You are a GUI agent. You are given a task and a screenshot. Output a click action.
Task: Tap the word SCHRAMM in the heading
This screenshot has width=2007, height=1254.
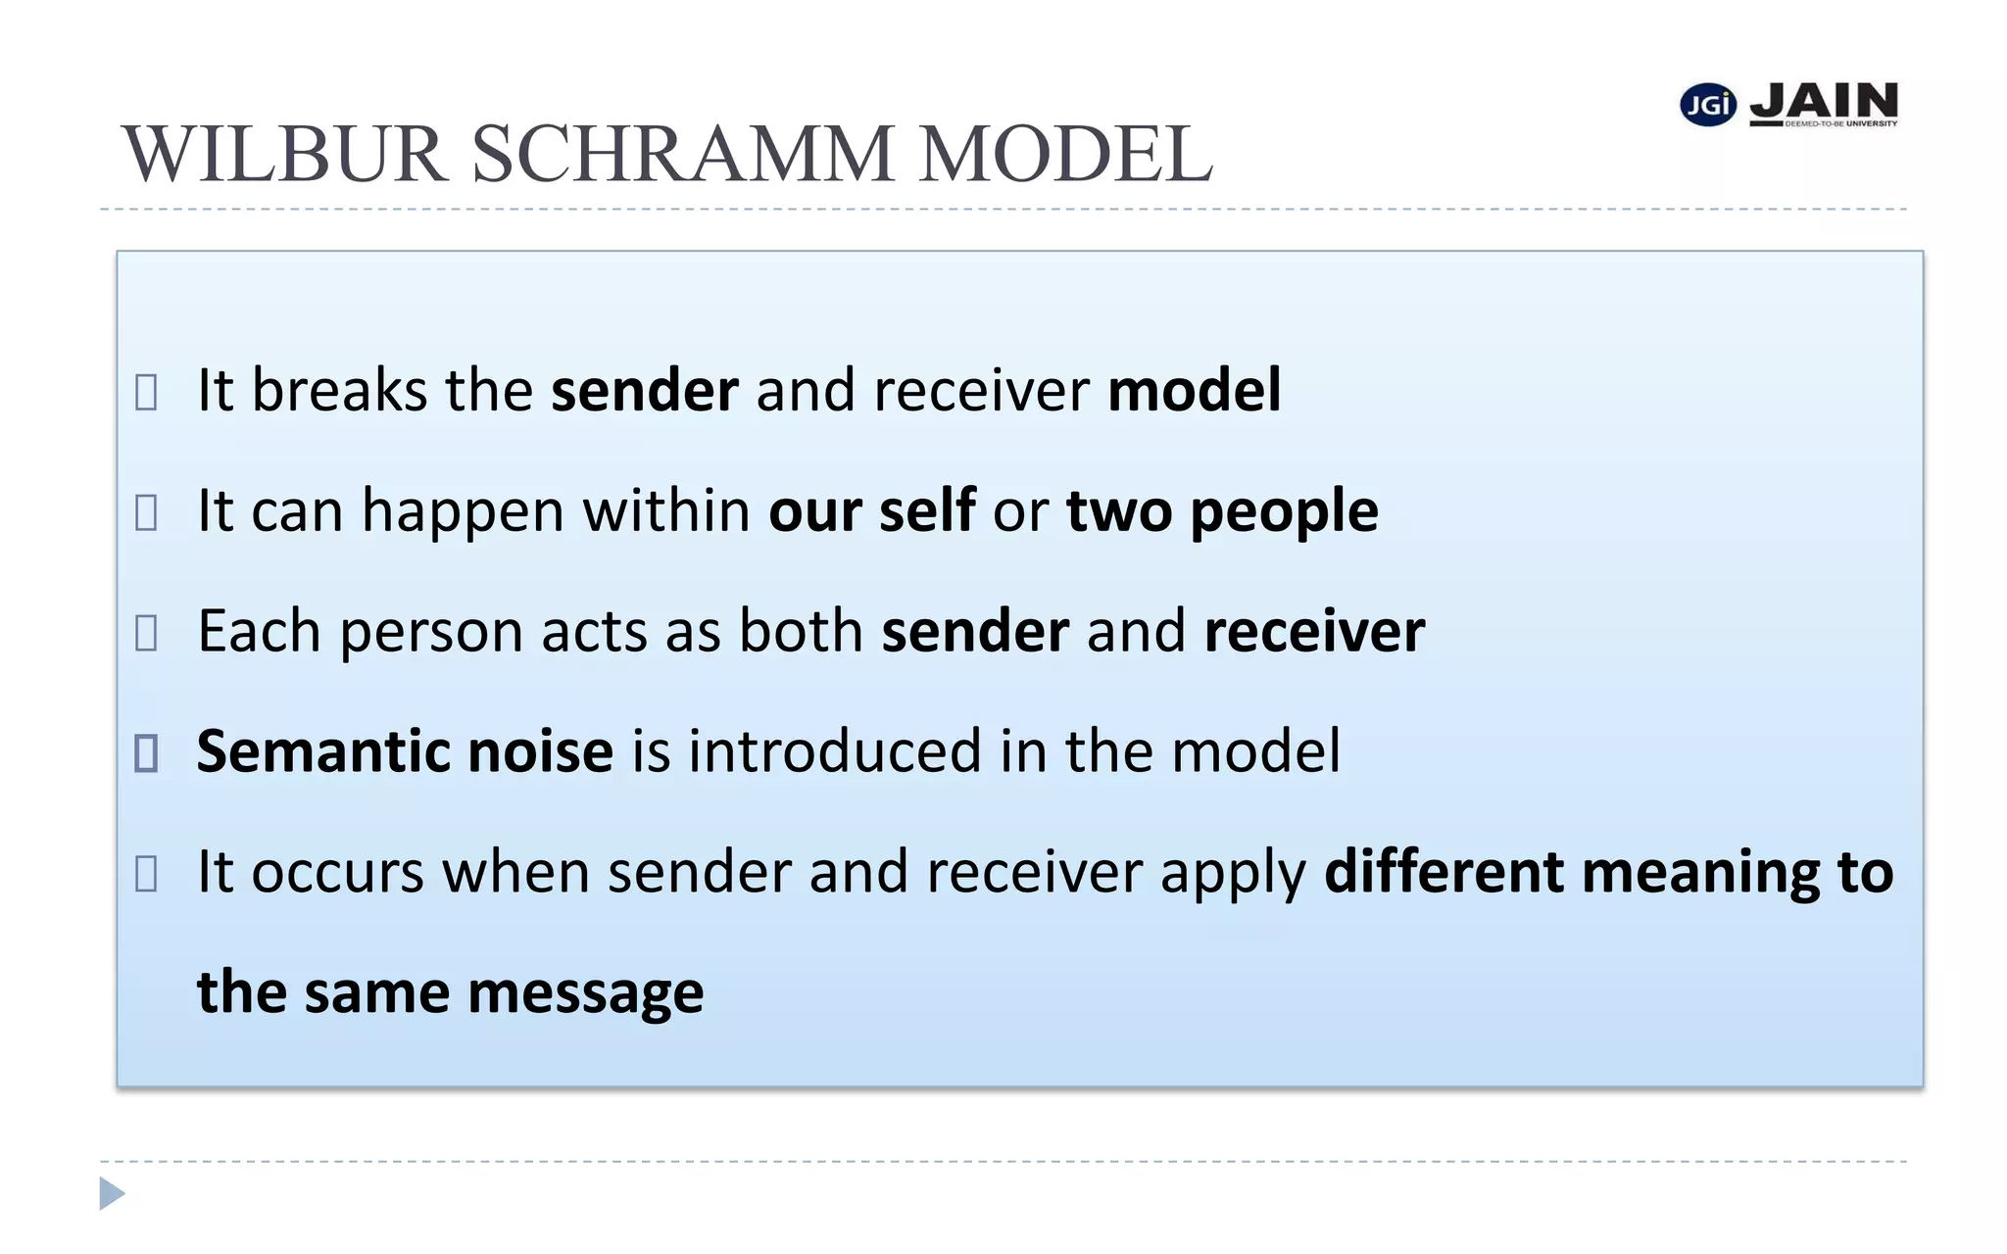683,155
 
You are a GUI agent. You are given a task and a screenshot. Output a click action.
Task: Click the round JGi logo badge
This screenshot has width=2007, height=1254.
1708,105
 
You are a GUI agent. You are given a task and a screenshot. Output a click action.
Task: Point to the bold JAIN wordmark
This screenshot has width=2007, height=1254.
1824,102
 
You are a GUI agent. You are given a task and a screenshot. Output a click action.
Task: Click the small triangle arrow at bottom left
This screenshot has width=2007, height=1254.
112,1193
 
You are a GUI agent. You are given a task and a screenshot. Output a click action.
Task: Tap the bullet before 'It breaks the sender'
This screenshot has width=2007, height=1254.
146,392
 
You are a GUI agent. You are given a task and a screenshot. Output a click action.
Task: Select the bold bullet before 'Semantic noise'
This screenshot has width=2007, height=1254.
146,752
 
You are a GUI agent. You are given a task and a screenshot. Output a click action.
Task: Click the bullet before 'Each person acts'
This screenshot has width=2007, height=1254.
146,633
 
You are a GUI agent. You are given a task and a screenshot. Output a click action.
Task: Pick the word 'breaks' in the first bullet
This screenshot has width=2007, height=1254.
339,390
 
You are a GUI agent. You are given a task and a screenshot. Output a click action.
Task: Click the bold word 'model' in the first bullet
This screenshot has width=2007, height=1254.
1194,390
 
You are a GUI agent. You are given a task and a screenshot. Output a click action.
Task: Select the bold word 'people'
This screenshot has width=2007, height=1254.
1284,511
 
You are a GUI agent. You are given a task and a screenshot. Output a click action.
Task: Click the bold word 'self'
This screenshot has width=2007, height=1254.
927,510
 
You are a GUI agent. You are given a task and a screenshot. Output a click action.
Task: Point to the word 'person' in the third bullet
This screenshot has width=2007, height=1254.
431,632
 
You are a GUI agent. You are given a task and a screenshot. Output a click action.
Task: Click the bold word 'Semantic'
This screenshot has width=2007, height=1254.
323,751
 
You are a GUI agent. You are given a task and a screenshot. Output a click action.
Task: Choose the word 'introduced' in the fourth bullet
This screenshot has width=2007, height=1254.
835,751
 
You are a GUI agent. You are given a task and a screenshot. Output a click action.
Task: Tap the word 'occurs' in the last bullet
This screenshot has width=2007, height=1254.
338,872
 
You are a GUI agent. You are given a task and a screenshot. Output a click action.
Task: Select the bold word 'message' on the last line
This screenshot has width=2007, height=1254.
586,992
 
